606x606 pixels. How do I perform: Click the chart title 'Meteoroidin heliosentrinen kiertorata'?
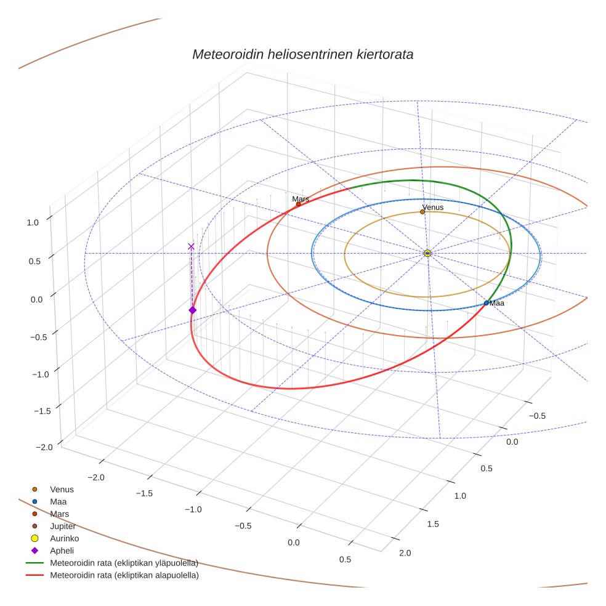302,54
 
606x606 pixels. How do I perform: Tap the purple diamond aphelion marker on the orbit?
192,310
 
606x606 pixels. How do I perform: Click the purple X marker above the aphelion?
191,246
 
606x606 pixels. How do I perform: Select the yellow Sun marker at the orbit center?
427,253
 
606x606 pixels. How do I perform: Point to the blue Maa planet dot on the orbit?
487,303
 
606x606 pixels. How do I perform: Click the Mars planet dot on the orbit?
299,204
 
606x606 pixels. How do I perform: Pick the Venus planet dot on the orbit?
422,212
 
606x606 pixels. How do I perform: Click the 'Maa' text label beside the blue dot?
497,303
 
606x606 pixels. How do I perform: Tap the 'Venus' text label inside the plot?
433,208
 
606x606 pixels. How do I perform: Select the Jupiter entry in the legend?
63,526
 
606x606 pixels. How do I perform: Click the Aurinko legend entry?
64,538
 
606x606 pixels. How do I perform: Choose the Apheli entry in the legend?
62,551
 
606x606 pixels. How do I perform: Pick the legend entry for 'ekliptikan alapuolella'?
124,575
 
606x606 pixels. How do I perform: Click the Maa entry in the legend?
59,501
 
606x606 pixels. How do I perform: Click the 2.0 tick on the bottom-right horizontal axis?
405,553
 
